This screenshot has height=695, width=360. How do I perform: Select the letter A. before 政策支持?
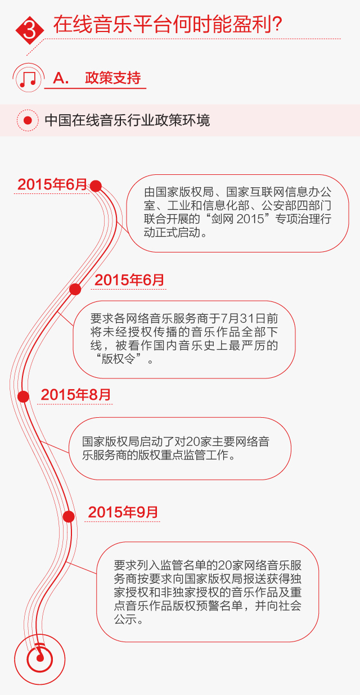tap(61, 78)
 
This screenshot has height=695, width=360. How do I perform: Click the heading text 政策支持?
tap(112, 78)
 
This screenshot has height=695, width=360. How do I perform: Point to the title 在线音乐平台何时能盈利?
tap(168, 25)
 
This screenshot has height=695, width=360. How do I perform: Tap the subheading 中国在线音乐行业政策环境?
tap(127, 120)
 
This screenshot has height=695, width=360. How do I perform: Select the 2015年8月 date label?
tap(76, 395)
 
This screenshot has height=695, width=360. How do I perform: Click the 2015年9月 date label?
tap(123, 512)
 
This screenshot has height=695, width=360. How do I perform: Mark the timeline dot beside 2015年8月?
tap(23, 396)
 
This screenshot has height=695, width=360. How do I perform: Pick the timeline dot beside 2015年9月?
tap(69, 516)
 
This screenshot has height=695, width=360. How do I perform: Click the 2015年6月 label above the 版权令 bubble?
tap(129, 280)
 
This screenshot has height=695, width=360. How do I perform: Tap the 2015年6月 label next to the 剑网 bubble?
tap(52, 184)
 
